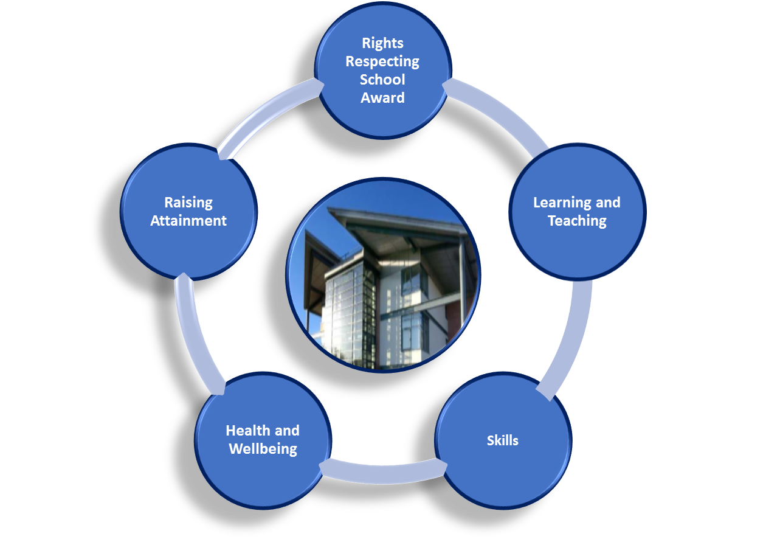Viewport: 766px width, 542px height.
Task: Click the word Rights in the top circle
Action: tap(382, 44)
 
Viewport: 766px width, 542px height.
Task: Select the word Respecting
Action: tap(382, 62)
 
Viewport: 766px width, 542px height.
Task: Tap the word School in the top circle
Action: tap(382, 80)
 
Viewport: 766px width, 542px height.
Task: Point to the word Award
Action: tap(382, 98)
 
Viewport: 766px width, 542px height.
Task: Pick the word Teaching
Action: tap(577, 221)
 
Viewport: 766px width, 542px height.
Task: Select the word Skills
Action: tap(502, 440)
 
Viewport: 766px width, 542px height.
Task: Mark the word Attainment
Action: tap(188, 221)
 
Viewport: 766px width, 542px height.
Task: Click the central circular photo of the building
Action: tap(383, 275)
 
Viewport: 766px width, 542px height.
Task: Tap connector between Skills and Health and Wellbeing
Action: tap(383, 474)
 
